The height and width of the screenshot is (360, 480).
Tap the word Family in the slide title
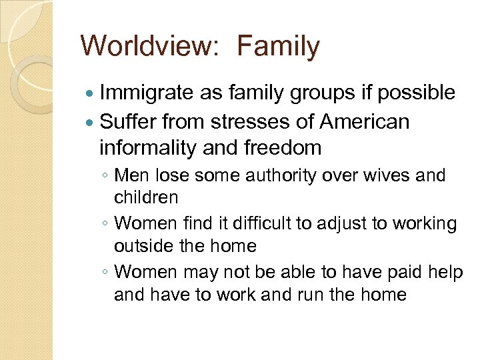tap(279, 47)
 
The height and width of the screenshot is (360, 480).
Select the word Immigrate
tap(146, 93)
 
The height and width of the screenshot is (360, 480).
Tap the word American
tap(365, 122)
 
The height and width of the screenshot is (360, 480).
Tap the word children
tap(146, 197)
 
